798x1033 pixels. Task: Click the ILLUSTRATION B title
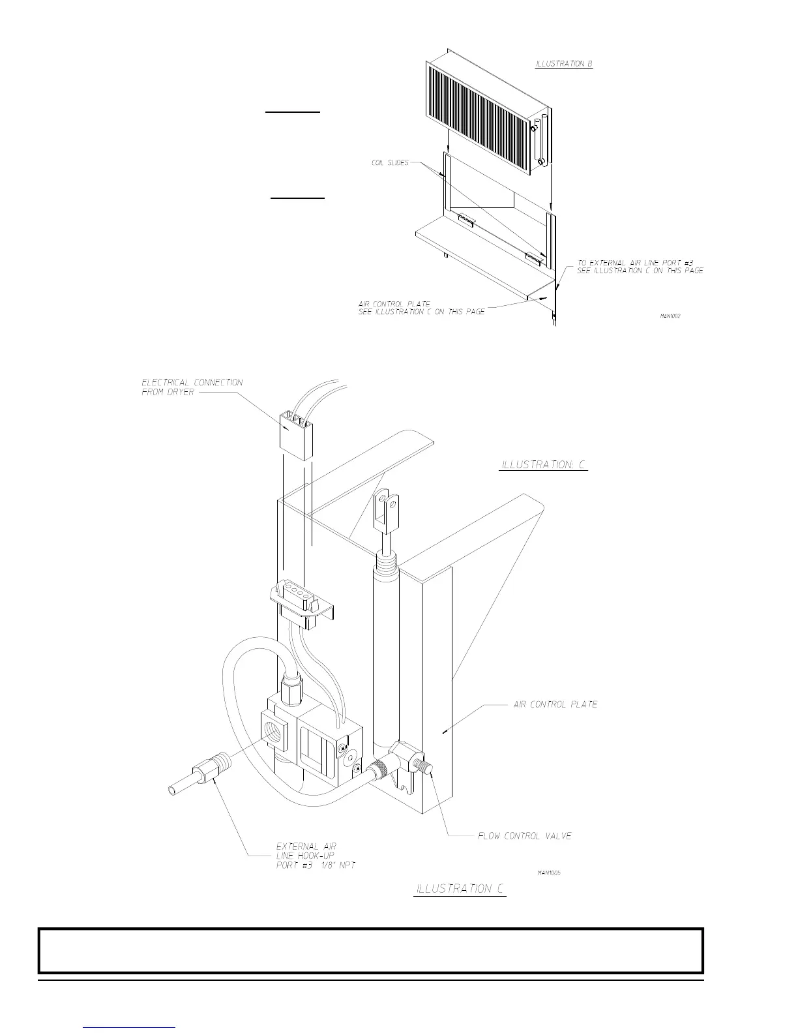[x=563, y=64]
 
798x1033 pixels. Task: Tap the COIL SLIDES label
[x=390, y=162]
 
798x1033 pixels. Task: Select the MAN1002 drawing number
[x=671, y=316]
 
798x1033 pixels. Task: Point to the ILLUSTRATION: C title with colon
[x=543, y=465]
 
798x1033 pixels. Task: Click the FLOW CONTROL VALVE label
[x=524, y=835]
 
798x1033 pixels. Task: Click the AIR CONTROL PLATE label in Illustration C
[x=555, y=704]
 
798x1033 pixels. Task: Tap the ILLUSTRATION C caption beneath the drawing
[x=460, y=889]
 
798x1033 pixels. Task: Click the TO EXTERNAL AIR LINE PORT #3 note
[x=640, y=267]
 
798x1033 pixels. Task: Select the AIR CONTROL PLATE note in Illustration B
[x=421, y=308]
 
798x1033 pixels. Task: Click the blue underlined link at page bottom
[x=130, y=1027]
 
